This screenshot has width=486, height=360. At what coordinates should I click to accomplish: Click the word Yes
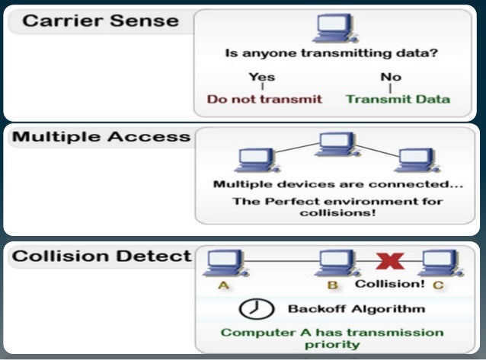pyautogui.click(x=262, y=77)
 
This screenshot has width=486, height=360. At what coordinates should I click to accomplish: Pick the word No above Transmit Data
pyautogui.click(x=390, y=77)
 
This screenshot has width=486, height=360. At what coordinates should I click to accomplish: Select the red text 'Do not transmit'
pyautogui.click(x=265, y=99)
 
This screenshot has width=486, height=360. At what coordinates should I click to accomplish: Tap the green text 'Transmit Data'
pyautogui.click(x=397, y=99)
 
